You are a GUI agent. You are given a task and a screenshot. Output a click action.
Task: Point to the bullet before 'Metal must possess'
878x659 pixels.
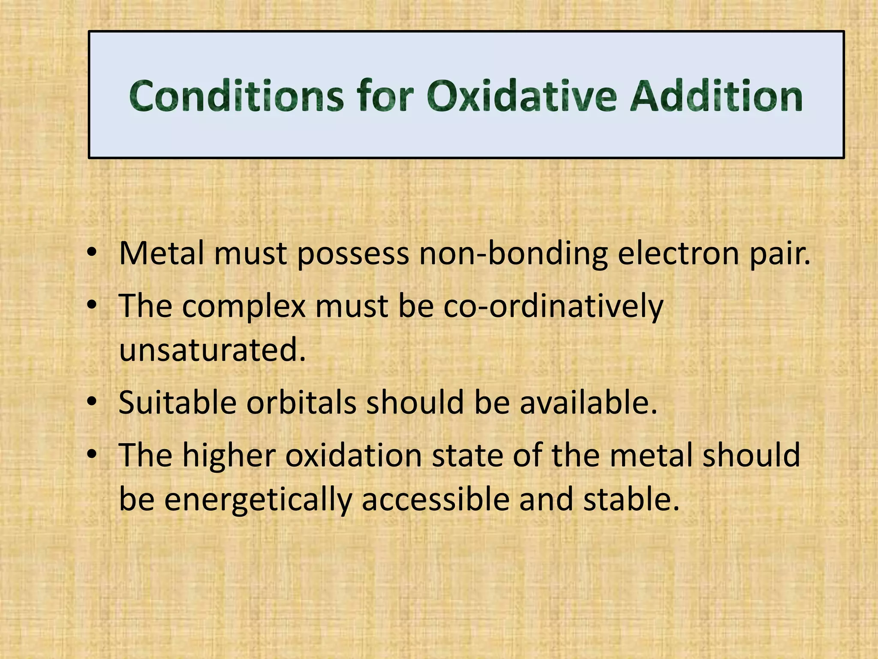(92, 254)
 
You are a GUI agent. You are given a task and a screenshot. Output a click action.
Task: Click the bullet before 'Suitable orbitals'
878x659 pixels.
(92, 402)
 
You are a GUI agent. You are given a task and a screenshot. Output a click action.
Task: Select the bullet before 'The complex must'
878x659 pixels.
(92, 306)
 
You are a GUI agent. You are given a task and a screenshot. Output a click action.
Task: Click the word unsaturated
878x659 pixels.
(212, 350)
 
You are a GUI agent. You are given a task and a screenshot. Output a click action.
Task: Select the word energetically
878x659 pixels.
(258, 500)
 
